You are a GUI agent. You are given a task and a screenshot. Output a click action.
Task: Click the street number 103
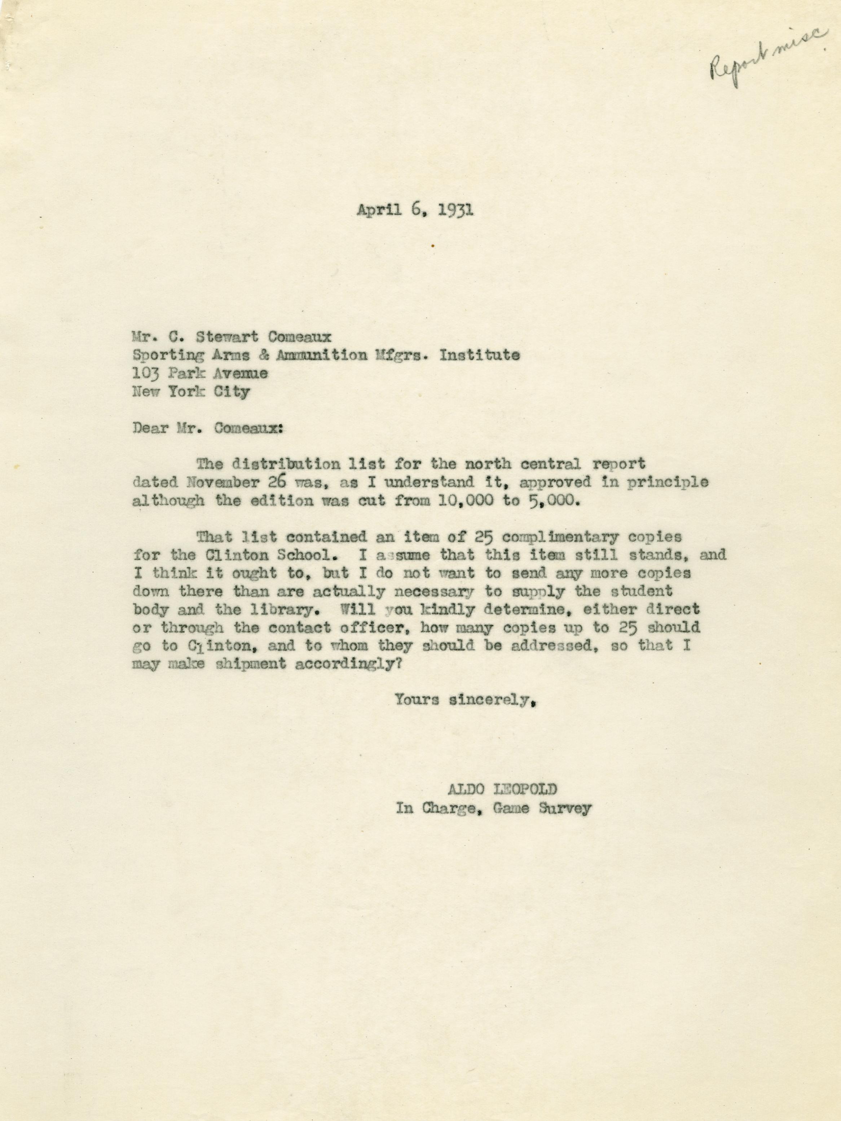[146, 374]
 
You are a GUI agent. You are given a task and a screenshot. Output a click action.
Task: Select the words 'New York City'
[191, 392]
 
